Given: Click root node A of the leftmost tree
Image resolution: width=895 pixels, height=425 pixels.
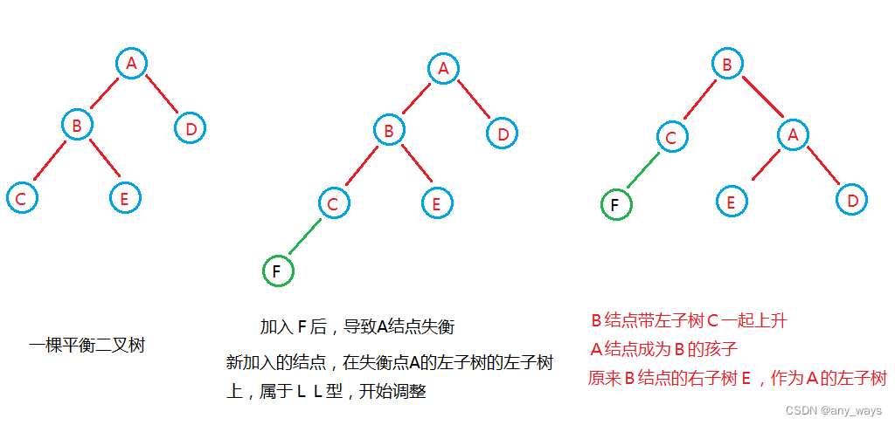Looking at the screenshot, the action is (131, 63).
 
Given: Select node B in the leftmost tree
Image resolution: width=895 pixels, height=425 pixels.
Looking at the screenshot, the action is (77, 126).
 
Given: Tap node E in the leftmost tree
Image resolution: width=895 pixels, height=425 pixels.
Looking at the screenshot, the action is (125, 198).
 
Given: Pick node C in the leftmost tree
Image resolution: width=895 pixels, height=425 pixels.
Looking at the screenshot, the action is (20, 198).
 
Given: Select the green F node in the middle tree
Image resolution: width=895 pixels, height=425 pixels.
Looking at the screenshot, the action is (277, 271).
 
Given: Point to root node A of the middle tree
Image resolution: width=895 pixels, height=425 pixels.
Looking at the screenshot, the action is (443, 68).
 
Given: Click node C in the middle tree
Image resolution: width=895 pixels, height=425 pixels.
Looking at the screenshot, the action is (332, 204).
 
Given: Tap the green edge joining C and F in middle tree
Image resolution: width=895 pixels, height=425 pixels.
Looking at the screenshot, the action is (306, 236).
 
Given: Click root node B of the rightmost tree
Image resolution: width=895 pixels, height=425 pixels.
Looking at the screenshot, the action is (725, 64).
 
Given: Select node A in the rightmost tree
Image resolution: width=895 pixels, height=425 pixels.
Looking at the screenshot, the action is (793, 134).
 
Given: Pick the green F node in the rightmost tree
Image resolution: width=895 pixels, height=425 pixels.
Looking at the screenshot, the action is (616, 206).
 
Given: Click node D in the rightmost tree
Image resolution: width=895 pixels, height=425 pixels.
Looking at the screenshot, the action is (851, 201).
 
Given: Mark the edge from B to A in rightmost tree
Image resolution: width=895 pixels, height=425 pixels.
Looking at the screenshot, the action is (760, 99).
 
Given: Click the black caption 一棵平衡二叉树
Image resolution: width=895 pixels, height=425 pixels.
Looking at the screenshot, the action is (87, 346).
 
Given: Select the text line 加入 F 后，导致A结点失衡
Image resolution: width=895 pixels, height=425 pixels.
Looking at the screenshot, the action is (357, 327).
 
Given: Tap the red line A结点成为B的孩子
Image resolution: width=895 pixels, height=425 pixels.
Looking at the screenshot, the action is (664, 350).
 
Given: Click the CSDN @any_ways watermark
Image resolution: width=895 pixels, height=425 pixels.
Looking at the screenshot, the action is (835, 410).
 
